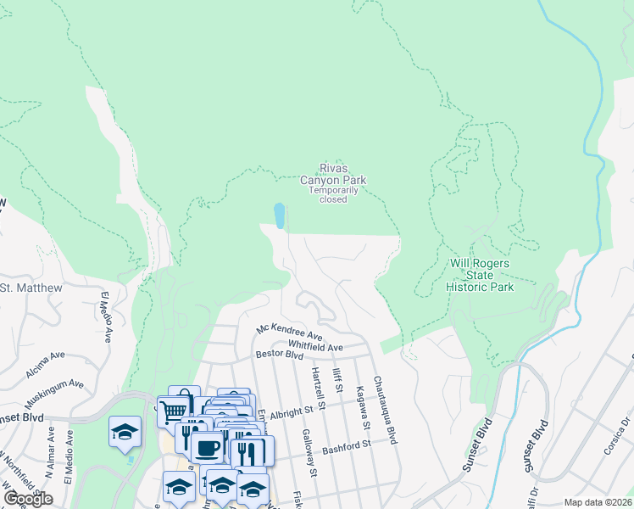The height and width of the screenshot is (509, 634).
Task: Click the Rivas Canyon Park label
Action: pyautogui.click(x=333, y=174)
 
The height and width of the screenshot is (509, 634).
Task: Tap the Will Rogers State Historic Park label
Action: pyautogui.click(x=480, y=275)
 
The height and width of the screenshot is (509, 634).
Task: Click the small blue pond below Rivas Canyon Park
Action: pyautogui.click(x=279, y=215)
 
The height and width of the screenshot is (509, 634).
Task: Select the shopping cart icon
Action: pyautogui.click(x=173, y=411)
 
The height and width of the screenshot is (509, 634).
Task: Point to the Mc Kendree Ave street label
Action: pyautogui.click(x=291, y=333)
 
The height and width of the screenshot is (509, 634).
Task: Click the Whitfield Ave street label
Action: pyautogui.click(x=315, y=347)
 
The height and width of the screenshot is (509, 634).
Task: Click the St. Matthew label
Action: pyautogui.click(x=31, y=288)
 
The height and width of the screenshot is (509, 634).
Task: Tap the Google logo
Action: pyautogui.click(x=28, y=499)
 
